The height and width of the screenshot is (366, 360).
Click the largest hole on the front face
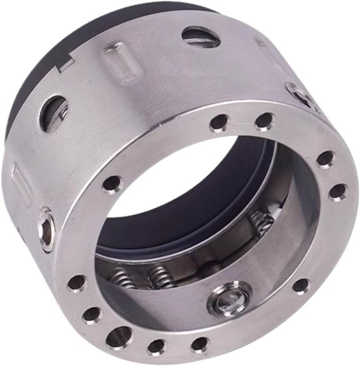click(119, 336)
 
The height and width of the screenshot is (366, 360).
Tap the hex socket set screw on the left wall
click(46, 229)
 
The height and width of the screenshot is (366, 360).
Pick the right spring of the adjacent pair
click(160, 277)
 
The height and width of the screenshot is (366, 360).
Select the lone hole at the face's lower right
click(301, 286)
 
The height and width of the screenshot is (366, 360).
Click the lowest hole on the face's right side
click(338, 192)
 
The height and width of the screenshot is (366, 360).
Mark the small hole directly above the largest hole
click(92, 315)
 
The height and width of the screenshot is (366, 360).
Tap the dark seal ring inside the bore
click(184, 221)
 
